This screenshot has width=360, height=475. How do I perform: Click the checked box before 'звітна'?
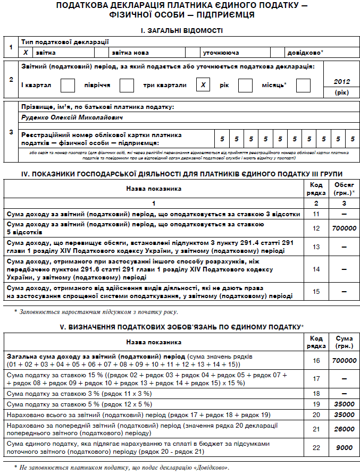[x=26, y=53]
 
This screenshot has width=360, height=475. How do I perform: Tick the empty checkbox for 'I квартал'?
[x=68, y=85]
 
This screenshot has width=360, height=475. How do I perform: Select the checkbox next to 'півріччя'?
[x=127, y=85]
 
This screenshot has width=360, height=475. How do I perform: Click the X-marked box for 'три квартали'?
[x=203, y=85]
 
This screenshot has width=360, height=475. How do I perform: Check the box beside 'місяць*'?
[x=303, y=85]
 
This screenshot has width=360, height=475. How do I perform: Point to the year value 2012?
[x=342, y=82]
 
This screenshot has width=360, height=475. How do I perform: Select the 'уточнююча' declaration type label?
[x=220, y=53]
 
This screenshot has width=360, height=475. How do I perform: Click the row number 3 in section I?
[x=11, y=132]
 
